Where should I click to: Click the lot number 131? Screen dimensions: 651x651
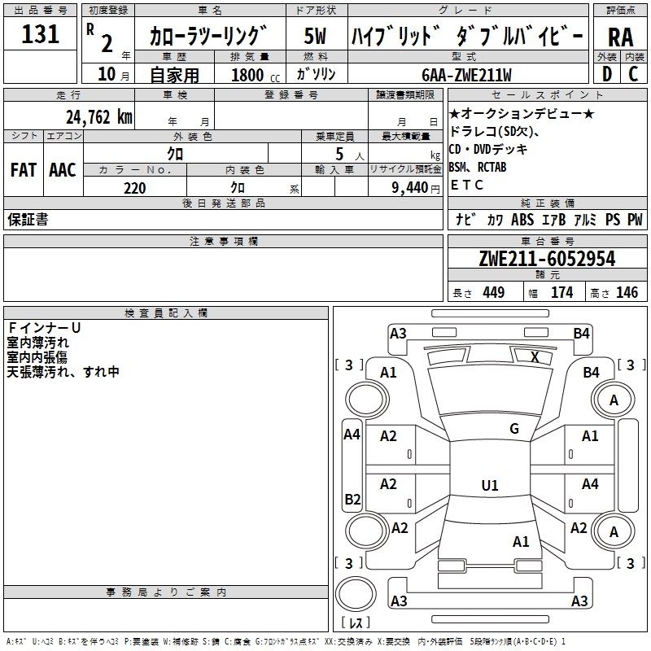pos(41,35)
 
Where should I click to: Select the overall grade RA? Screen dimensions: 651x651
pos(620,37)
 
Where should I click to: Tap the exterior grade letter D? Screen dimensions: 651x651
pos(606,73)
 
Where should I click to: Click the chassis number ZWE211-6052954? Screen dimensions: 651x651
pos(548,259)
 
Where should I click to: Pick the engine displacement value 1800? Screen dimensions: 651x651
pos(247,75)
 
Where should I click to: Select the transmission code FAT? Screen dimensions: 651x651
pos(24,169)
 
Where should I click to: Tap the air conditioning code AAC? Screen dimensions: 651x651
pos(63,169)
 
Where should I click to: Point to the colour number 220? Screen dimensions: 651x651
pos(134,188)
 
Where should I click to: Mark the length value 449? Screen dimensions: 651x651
pos(492,292)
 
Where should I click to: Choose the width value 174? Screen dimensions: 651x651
pos(561,292)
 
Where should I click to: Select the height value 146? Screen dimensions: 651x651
pos(627,292)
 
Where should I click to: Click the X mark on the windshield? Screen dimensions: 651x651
pos(535,356)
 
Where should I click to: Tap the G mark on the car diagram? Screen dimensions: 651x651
pos(513,428)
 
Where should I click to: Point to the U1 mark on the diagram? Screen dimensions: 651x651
pos(489,485)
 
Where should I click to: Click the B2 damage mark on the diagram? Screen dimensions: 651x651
pos(352,499)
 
